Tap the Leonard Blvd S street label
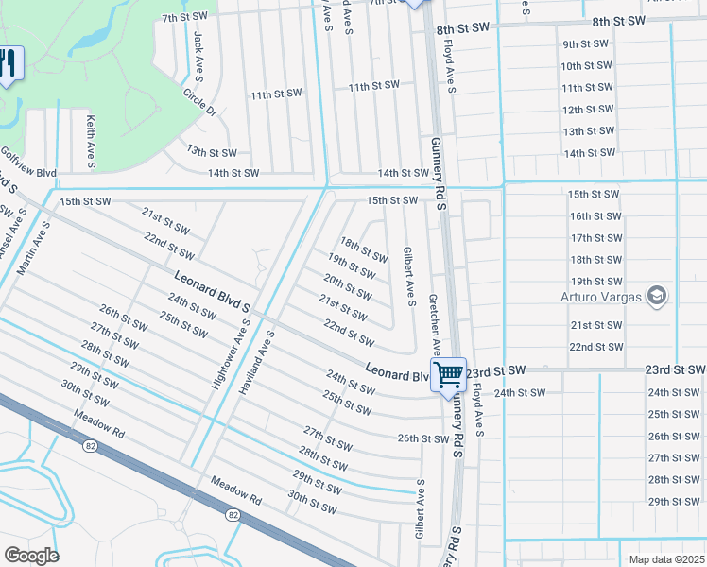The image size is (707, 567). [212, 292]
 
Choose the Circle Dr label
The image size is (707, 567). [199, 102]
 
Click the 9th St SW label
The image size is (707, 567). [587, 44]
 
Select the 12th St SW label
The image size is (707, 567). [587, 110]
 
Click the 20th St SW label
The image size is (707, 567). [347, 286]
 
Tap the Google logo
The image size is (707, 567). [31, 555]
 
